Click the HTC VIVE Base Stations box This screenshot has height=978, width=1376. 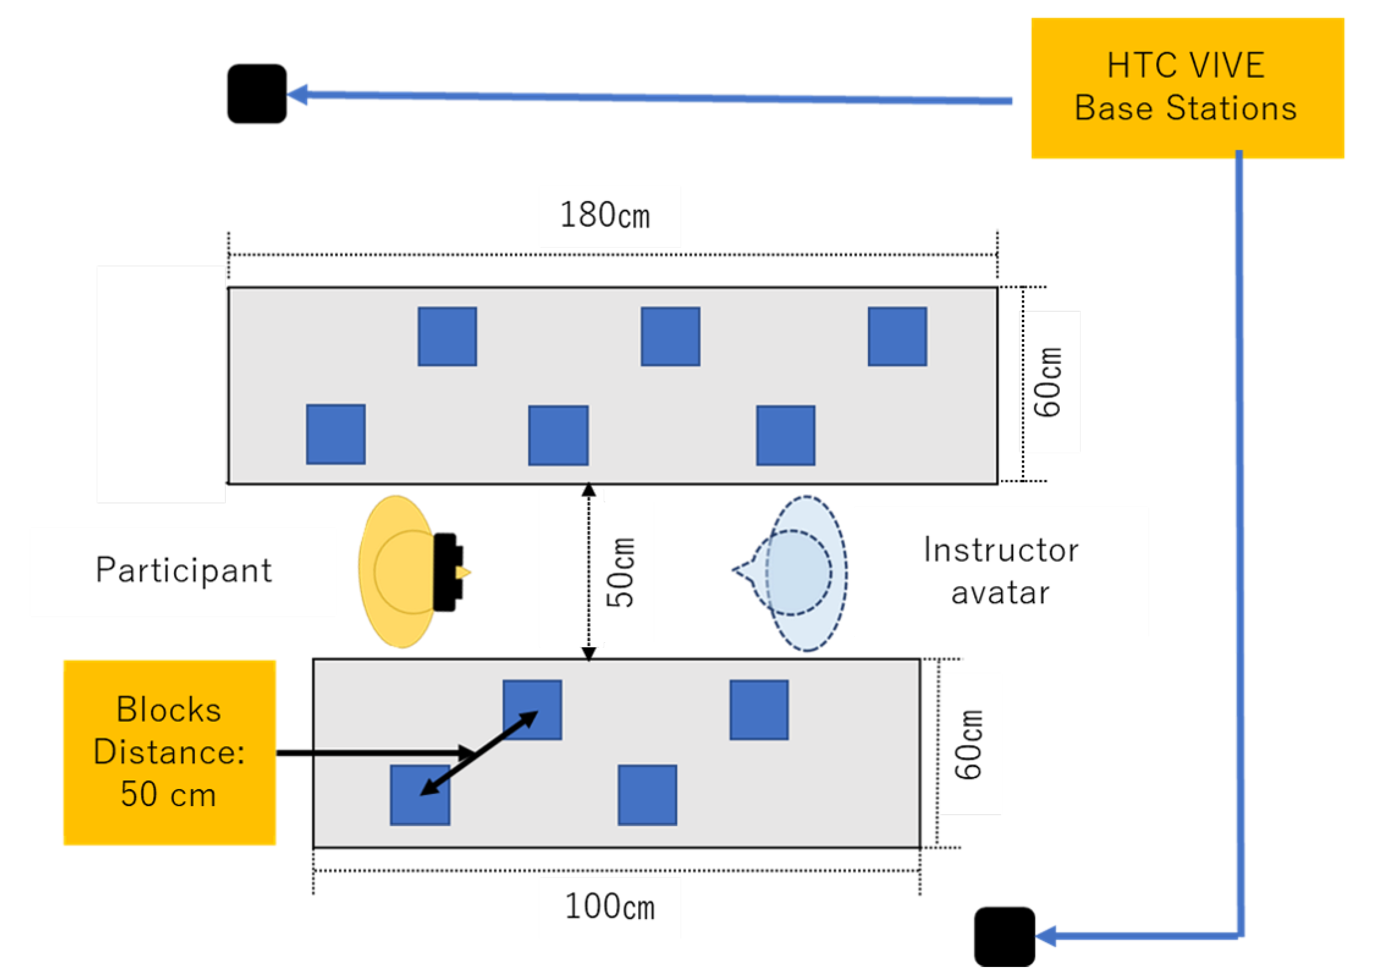pyautogui.click(x=1187, y=88)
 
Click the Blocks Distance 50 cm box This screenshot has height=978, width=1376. pyautogui.click(x=169, y=752)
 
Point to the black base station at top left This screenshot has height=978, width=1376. pyautogui.click(x=257, y=94)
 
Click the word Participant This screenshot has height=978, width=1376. pyautogui.click(x=184, y=570)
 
